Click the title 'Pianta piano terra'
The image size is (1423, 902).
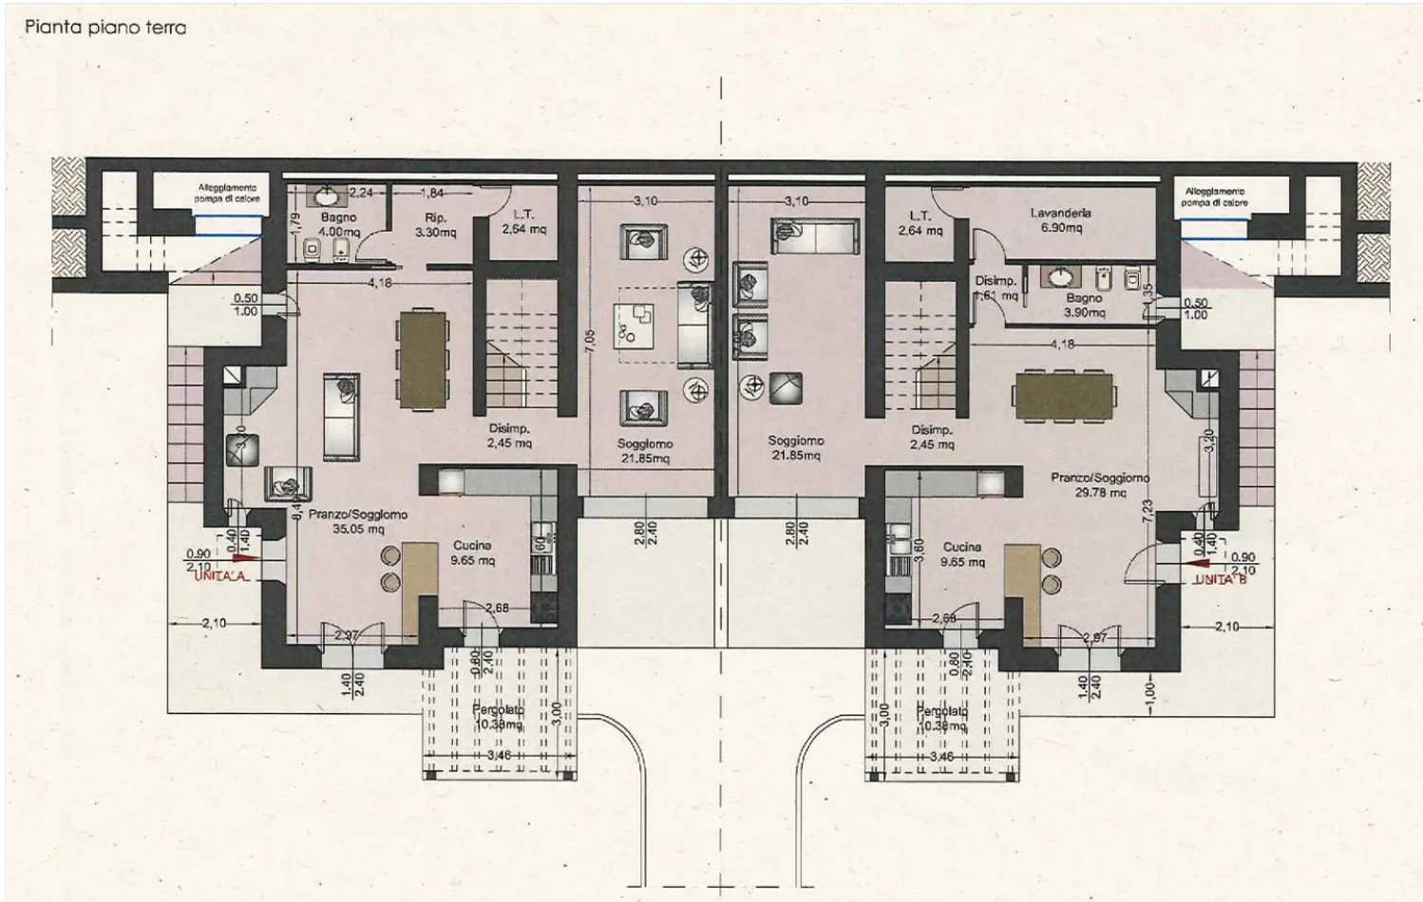[105, 27]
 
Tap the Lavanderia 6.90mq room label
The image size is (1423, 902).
[1060, 220]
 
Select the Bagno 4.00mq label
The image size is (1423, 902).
[338, 224]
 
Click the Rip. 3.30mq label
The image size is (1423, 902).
[435, 224]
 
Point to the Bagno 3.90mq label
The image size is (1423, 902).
[1084, 305]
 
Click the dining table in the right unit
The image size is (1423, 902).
[1063, 396]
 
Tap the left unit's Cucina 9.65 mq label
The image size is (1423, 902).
[472, 553]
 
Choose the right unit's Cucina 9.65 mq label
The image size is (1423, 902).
[961, 554]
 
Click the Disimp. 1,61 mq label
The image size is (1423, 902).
[995, 289]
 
